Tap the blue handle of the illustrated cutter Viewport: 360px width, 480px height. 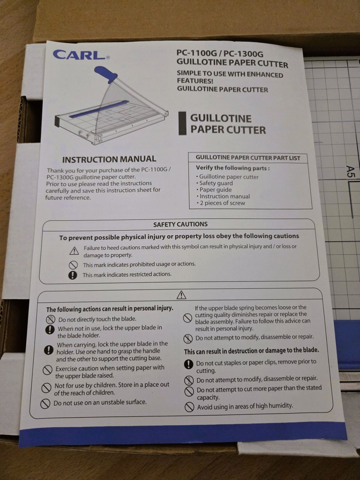pos(106,74)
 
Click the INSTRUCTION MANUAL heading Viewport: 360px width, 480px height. pos(109,159)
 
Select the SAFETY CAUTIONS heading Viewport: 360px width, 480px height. pos(180,224)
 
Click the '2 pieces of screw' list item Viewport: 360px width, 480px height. pos(221,203)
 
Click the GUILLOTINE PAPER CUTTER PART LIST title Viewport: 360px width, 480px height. pos(248,158)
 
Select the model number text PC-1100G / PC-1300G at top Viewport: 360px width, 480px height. pos(220,53)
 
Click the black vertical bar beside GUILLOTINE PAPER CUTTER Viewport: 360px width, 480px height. pos(183,123)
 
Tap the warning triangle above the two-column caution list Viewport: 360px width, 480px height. pos(181,295)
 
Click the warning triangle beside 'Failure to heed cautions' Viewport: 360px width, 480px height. pos(74,251)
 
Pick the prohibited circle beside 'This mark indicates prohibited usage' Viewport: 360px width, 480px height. pos(73,265)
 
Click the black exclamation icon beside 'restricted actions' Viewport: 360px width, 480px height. pos(72,275)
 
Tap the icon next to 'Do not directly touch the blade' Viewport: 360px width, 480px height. pos(50,320)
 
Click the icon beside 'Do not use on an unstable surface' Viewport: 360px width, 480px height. pos(45,404)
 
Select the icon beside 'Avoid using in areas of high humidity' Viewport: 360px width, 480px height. pos(189,407)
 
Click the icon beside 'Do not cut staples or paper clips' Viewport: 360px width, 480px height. pos(189,364)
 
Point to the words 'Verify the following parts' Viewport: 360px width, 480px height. pos(232,168)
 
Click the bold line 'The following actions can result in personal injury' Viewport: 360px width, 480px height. pos(110,309)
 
